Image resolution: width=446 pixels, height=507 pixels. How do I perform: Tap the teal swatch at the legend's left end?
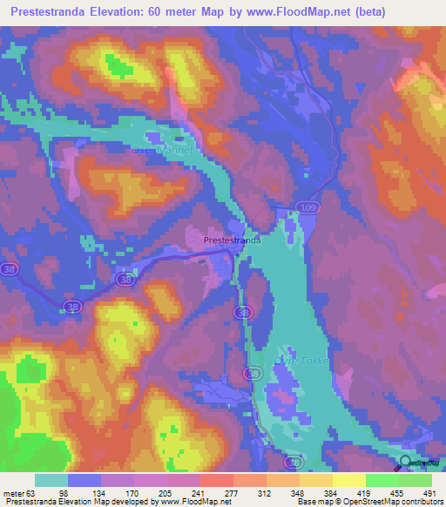(x=51, y=480)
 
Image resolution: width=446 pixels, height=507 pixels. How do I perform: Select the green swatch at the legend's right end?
(x=416, y=480)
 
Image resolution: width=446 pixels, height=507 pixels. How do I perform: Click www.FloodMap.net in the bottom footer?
(x=190, y=501)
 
